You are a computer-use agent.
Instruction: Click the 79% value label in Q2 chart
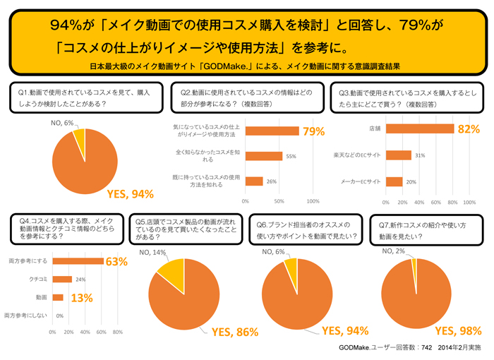click(x=314, y=131)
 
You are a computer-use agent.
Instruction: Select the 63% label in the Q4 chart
click(x=116, y=262)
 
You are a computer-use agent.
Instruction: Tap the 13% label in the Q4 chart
click(x=82, y=298)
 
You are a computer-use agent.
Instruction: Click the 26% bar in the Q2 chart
click(x=254, y=181)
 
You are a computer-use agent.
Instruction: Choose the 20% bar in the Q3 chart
click(x=394, y=181)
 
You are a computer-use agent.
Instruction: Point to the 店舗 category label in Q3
click(x=374, y=129)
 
